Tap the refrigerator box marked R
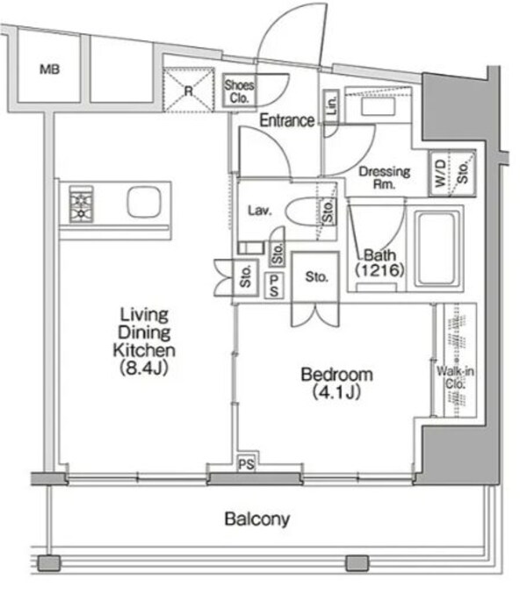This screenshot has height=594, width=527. (x=188, y=89)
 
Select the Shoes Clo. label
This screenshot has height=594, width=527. (x=239, y=90)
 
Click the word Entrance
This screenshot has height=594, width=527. (x=286, y=121)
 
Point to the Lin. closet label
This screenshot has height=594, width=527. (x=331, y=108)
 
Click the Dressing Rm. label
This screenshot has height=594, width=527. (x=385, y=178)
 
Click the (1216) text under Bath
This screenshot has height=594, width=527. (x=379, y=271)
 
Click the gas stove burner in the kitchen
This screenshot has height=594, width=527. (x=81, y=205)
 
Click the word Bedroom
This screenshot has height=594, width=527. (x=336, y=375)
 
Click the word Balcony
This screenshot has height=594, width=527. (x=256, y=519)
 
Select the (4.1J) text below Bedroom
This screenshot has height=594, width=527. (x=336, y=392)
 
